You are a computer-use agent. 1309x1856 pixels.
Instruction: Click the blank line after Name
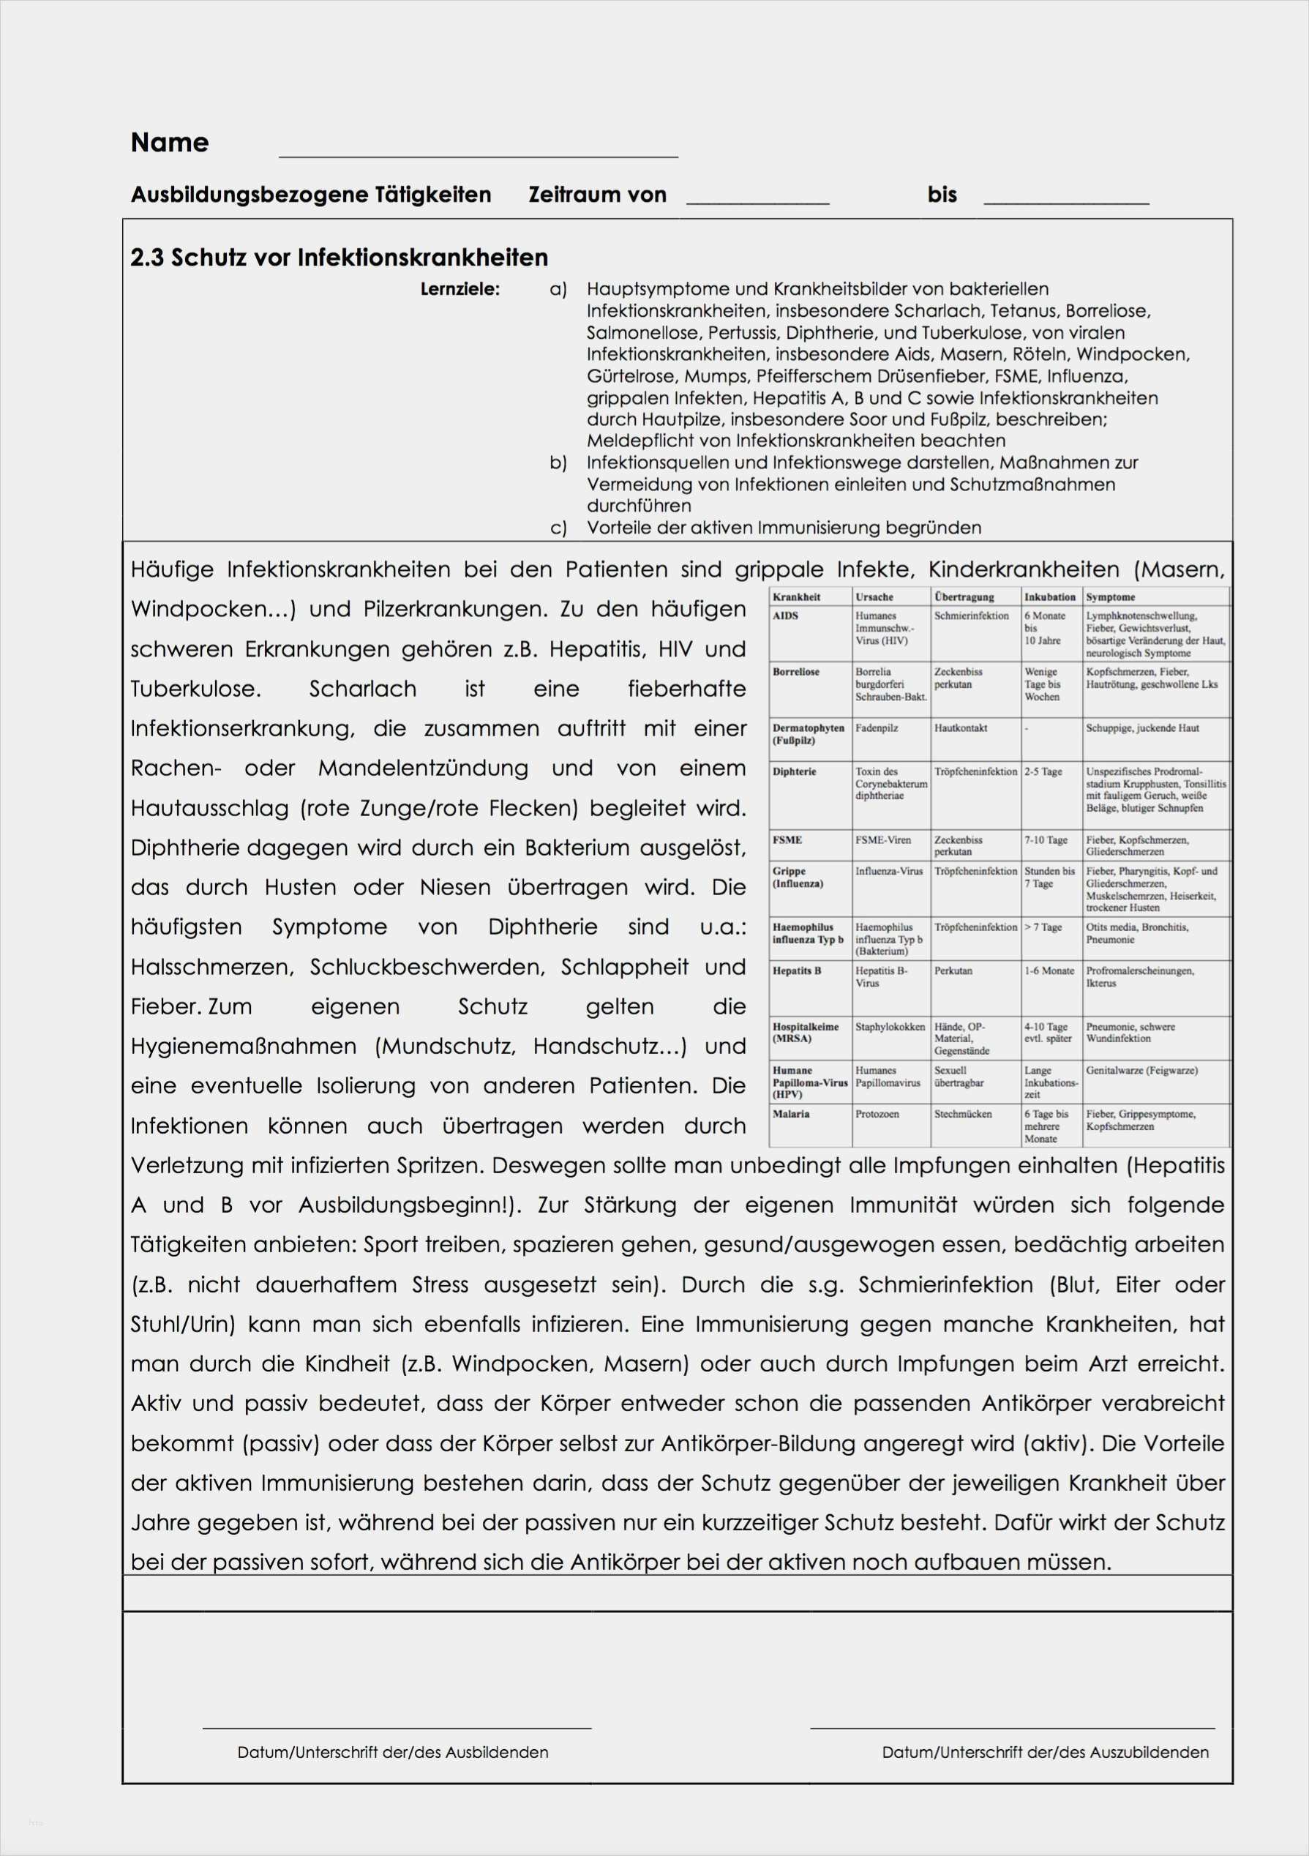click(x=478, y=154)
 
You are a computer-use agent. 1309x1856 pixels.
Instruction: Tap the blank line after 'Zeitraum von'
click(x=757, y=202)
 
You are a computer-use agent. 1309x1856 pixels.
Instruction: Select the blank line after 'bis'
click(x=1066, y=202)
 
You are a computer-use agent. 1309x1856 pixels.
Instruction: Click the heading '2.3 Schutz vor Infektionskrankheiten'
click(x=340, y=258)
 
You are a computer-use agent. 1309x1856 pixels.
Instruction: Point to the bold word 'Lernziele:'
click(x=460, y=289)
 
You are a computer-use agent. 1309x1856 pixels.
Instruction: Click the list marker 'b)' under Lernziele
click(x=558, y=463)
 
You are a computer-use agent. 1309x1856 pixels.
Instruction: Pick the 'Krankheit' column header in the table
click(x=797, y=597)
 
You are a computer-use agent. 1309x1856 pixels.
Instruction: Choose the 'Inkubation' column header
click(x=1050, y=597)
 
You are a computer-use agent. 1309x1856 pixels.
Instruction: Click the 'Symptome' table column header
click(x=1110, y=597)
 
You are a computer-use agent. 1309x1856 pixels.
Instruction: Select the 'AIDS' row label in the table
click(x=785, y=616)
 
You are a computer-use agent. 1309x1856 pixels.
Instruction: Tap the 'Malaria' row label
click(x=792, y=1114)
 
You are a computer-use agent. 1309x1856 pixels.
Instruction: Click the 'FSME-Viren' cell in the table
click(x=883, y=840)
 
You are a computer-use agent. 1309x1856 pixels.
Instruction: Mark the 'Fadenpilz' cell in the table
click(x=877, y=728)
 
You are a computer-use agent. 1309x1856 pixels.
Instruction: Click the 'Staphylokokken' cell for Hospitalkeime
click(x=890, y=1027)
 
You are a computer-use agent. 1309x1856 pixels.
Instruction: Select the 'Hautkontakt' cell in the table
click(x=961, y=728)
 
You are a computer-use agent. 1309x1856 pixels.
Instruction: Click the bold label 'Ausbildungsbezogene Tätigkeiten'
click(x=311, y=195)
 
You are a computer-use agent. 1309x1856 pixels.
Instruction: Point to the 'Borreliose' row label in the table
click(x=796, y=672)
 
